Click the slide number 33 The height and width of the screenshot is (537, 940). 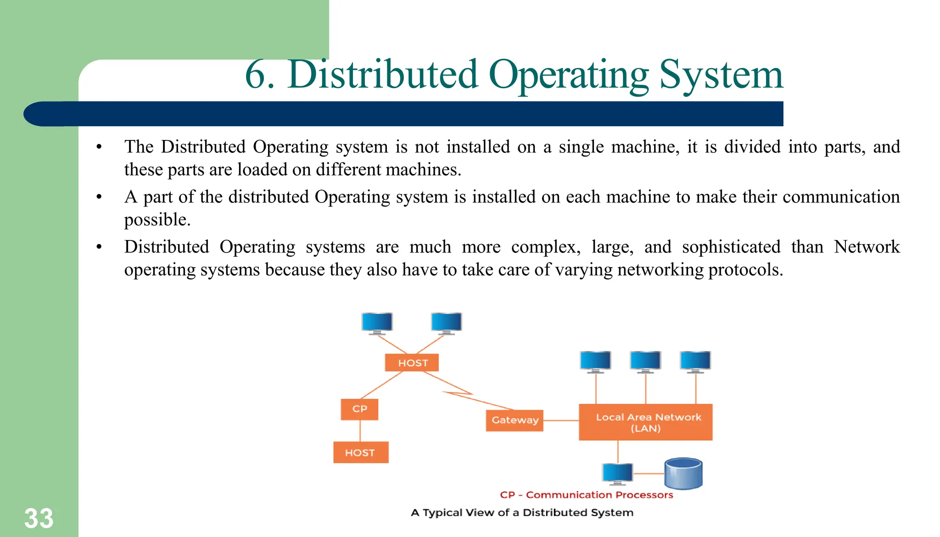pyautogui.click(x=39, y=519)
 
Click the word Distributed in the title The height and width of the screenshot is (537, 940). pyautogui.click(x=383, y=75)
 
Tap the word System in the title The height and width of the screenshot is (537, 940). pyautogui.click(x=721, y=75)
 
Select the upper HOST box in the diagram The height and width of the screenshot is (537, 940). pyautogui.click(x=412, y=363)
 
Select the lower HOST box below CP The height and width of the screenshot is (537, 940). pyautogui.click(x=361, y=453)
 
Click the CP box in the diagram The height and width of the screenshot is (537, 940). pyautogui.click(x=359, y=409)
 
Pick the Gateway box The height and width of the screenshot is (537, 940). pyautogui.click(x=515, y=420)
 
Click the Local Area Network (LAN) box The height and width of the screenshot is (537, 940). pyautogui.click(x=645, y=422)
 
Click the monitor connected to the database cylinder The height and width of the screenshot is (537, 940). pyautogui.click(x=617, y=473)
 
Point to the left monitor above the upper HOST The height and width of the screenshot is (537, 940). pyautogui.click(x=377, y=323)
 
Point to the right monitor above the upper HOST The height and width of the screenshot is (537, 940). pyautogui.click(x=446, y=323)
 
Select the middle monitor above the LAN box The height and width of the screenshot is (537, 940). pyautogui.click(x=645, y=361)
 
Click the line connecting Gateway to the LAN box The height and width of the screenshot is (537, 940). pyautogui.click(x=561, y=420)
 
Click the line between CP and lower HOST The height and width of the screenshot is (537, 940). pyautogui.click(x=360, y=431)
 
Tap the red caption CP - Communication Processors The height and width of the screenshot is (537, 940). pyautogui.click(x=586, y=495)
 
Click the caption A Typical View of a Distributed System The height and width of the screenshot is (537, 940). pyautogui.click(x=522, y=513)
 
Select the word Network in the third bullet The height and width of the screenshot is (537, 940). pyautogui.click(x=867, y=247)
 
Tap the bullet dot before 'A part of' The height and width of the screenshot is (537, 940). pyautogui.click(x=99, y=197)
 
